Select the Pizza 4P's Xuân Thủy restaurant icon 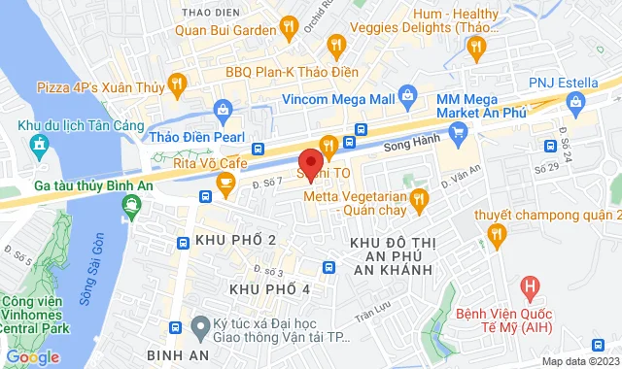(176, 85)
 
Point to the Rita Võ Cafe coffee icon (225, 181)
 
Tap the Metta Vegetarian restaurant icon (420, 201)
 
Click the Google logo (32, 356)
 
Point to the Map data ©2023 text (580, 361)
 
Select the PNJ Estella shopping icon (575, 100)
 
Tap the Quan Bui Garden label (225, 29)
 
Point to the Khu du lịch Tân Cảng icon (39, 147)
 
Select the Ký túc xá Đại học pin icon (199, 324)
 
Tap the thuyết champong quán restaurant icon (497, 233)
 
